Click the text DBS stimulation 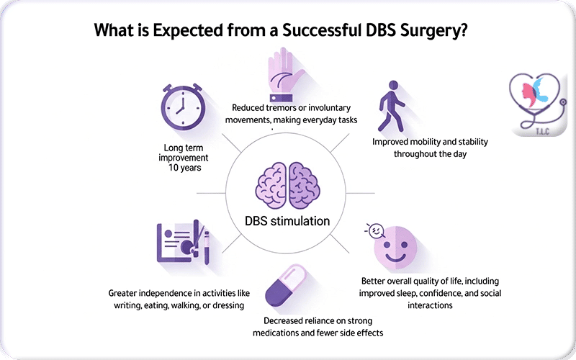(287, 221)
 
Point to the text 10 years (182, 168)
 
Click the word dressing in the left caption (226, 305)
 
